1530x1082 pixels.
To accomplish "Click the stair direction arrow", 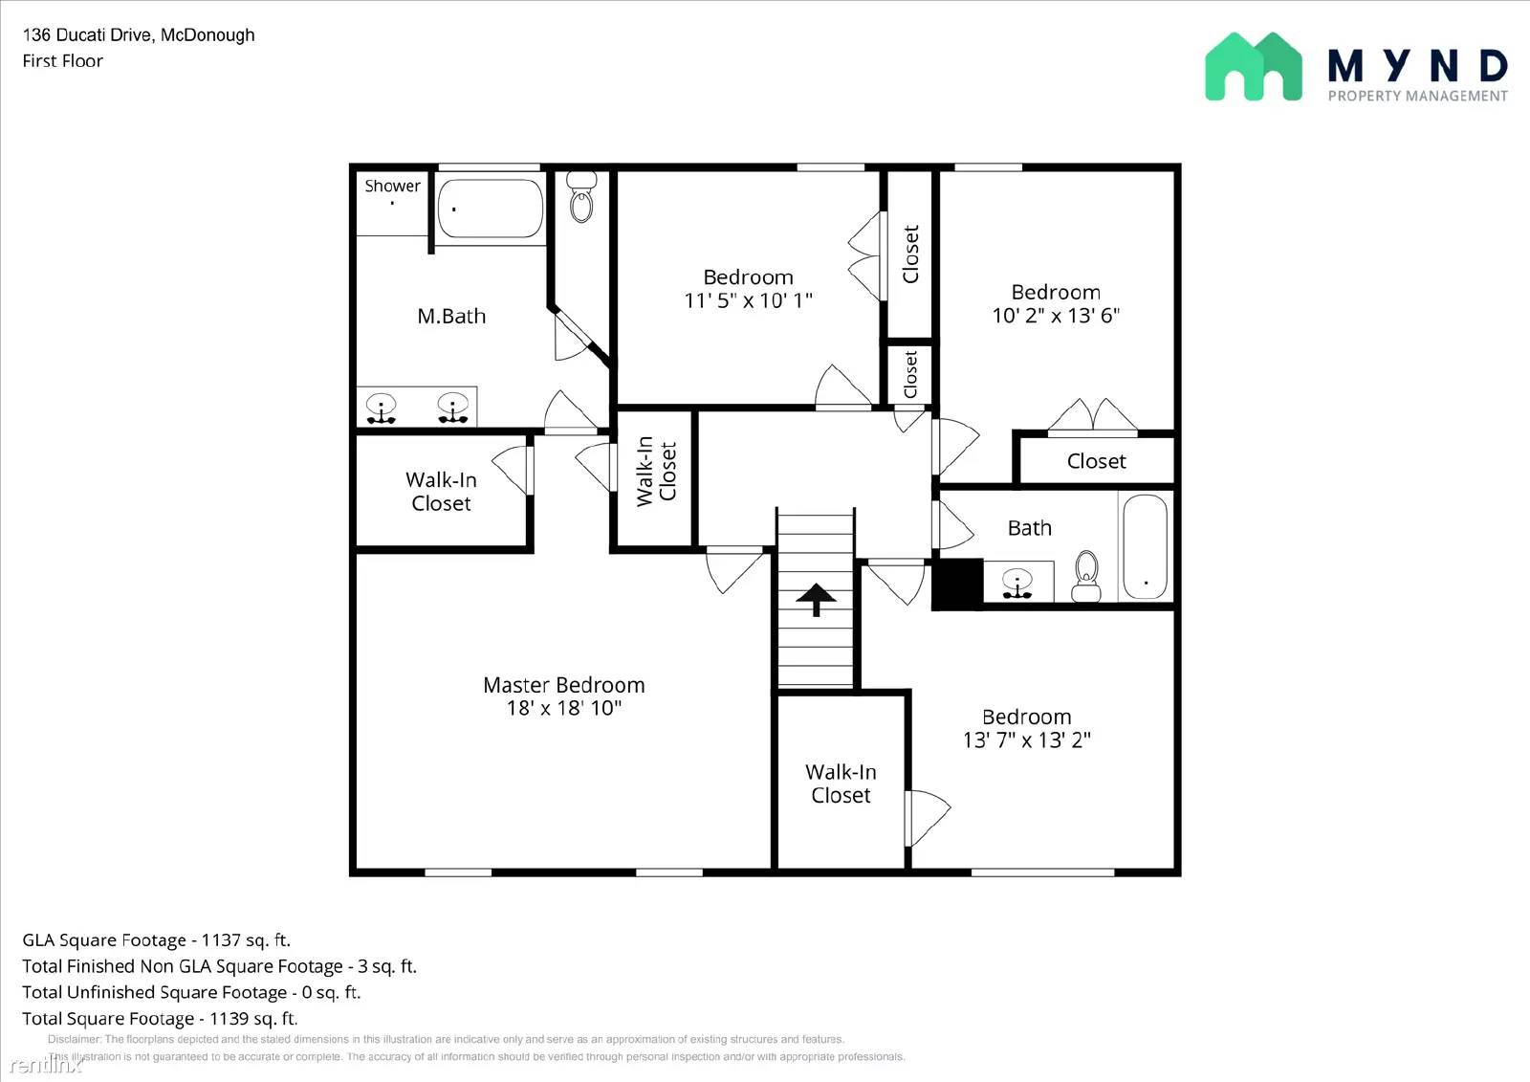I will tap(816, 600).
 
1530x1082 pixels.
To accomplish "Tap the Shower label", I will tap(392, 186).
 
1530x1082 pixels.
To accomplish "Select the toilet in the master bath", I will tap(581, 197).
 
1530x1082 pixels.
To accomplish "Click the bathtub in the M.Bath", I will tap(490, 208).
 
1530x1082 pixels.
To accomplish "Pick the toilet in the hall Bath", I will tap(1086, 576).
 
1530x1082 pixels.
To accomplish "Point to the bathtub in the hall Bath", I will tap(1145, 546).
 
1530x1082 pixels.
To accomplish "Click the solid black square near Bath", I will tap(957, 584).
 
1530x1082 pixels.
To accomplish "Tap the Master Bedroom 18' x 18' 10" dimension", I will tap(564, 708).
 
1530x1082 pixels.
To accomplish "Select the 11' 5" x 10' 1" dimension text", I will tap(748, 300).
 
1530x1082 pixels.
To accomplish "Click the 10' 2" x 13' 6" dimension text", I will tap(1056, 316).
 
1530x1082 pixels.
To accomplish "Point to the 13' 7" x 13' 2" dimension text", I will tap(1026, 740).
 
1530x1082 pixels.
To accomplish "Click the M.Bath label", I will tap(451, 316).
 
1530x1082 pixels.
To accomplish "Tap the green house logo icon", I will tap(1253, 66).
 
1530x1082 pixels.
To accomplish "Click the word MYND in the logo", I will tap(1417, 66).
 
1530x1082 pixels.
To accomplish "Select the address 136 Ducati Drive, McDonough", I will tap(139, 35).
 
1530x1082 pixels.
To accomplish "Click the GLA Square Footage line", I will tap(156, 940).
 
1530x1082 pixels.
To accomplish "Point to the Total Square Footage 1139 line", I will tap(160, 1019).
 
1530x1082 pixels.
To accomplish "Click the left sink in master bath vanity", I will tap(382, 409).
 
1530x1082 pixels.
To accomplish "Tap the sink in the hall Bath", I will tap(1017, 583).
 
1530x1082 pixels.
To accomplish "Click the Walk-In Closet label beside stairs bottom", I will tap(841, 784).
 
